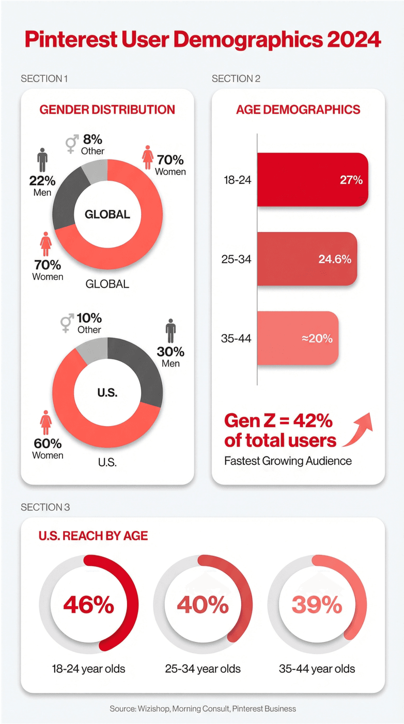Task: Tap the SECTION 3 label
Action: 45,507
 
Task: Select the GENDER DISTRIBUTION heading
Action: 107,109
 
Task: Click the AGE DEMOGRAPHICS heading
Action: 298,109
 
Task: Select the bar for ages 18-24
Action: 312,180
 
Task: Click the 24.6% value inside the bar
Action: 334,259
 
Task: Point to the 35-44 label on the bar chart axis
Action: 236,339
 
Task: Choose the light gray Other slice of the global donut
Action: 96,171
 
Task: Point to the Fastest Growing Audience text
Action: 288,461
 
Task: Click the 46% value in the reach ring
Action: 88,604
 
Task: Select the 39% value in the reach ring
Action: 317,604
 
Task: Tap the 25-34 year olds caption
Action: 203,669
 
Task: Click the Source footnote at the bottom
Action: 203,709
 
